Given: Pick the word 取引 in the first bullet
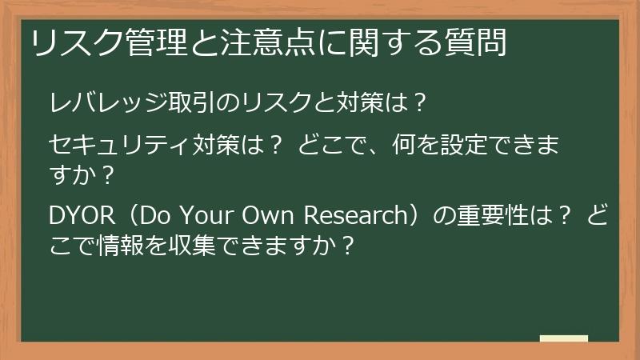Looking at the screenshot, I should [x=170, y=102].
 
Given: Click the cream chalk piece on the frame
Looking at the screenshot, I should [x=564, y=339].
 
